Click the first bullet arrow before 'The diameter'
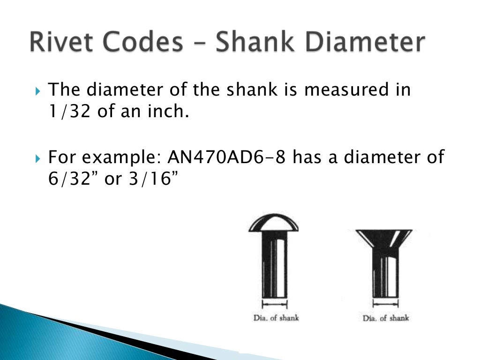coord(39,90)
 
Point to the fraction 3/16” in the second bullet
coord(153,180)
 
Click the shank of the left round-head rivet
coord(274,265)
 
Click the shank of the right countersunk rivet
coord(385,277)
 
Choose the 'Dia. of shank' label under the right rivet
coord(385,318)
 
